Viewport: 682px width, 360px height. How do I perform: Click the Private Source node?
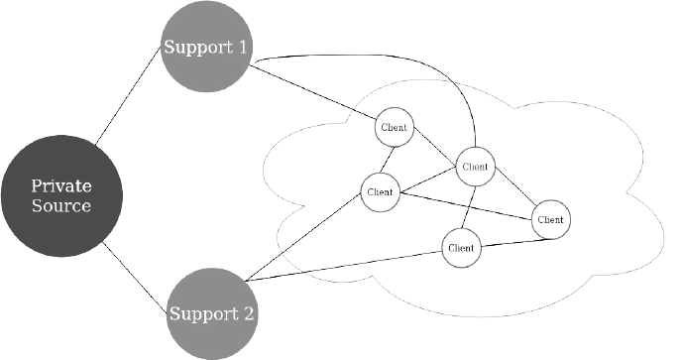[61, 196]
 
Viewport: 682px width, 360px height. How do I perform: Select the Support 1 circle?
[206, 47]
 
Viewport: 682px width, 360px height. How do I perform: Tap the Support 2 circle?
[212, 313]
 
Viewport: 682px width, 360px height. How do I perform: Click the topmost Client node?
[395, 127]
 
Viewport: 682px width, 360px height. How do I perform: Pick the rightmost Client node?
[550, 220]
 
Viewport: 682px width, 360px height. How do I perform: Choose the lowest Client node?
[462, 248]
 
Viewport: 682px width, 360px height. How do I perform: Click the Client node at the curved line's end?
[476, 167]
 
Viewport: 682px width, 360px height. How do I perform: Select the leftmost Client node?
[380, 192]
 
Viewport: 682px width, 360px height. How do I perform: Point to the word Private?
[61, 186]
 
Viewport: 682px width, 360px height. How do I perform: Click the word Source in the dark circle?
[61, 206]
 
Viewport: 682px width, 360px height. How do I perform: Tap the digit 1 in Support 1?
[242, 47]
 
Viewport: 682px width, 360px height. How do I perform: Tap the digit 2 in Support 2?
[248, 313]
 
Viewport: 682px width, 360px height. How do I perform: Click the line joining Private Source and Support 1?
[128, 95]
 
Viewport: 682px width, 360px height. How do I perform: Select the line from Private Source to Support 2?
[135, 278]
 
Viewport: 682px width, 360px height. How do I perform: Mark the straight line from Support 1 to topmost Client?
[313, 92]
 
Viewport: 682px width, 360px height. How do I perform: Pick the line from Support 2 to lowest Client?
[344, 266]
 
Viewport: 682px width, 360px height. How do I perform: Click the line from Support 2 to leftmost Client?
[303, 237]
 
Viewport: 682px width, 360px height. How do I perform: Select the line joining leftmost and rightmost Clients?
[465, 205]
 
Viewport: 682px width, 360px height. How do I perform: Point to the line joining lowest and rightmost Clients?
[516, 242]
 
